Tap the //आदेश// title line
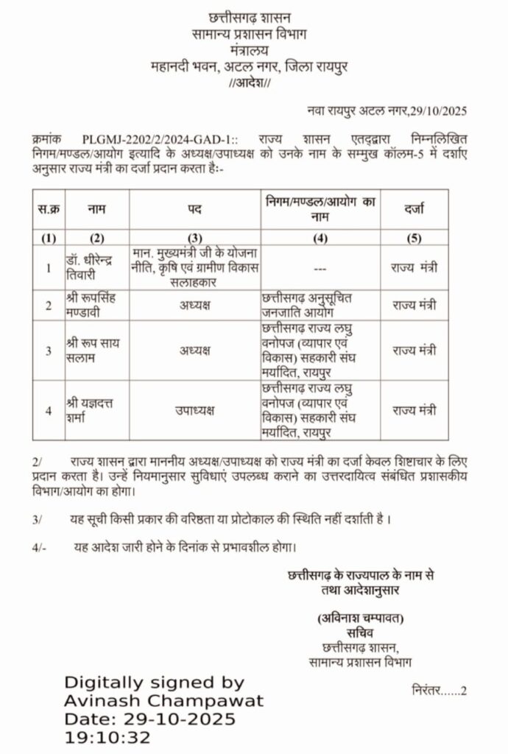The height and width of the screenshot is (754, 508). (x=250, y=83)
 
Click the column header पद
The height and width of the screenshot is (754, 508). (x=194, y=210)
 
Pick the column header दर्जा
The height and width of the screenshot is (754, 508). (x=414, y=210)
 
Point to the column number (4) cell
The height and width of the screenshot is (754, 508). (x=320, y=237)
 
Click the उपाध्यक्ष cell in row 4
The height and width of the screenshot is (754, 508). (x=194, y=410)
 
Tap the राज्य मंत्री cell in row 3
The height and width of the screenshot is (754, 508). (x=414, y=350)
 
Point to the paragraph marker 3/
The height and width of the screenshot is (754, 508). (x=38, y=520)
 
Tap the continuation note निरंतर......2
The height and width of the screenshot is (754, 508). (x=440, y=691)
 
